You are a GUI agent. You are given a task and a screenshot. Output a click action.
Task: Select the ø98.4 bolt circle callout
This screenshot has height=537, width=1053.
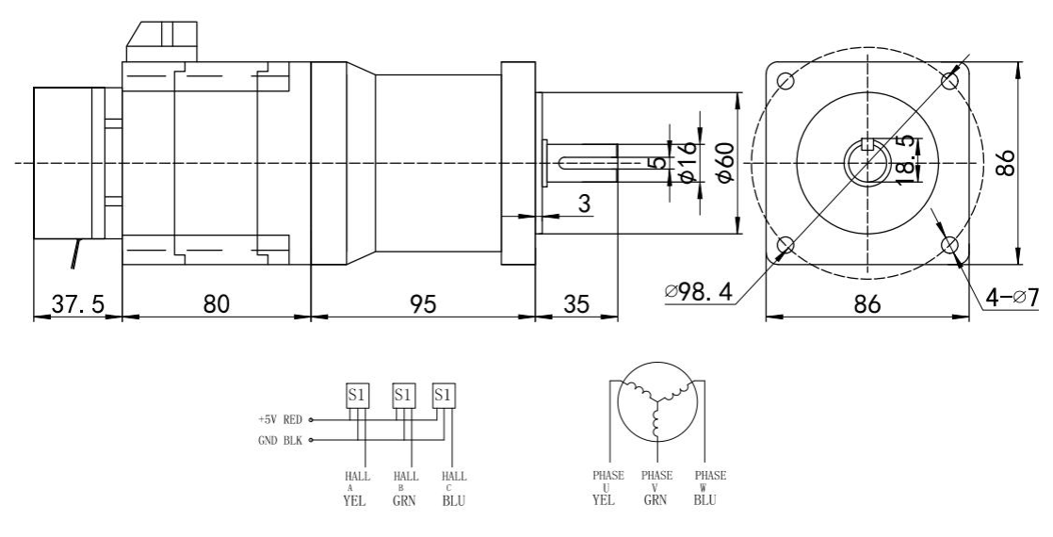tap(698, 293)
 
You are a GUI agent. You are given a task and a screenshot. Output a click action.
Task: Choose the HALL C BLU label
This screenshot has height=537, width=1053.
tap(451, 489)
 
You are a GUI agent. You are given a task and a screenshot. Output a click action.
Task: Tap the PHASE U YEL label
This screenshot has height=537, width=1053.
tap(602, 489)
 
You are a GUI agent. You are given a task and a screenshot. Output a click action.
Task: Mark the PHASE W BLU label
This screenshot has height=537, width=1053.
tap(709, 489)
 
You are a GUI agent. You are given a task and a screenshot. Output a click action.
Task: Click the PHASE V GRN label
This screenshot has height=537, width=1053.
tap(656, 489)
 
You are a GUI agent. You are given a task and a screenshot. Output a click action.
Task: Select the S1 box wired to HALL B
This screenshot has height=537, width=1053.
tap(403, 395)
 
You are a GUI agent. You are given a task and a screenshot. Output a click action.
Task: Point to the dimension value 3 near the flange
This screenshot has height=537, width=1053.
tap(583, 203)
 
